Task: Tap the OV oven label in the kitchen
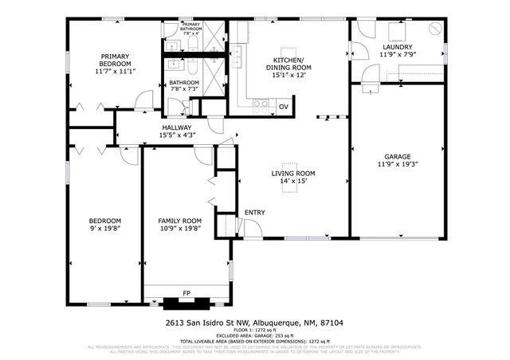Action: pos(283,106)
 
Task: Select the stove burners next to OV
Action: pos(260,104)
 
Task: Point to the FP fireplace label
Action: pos(186,293)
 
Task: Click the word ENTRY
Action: pos(255,213)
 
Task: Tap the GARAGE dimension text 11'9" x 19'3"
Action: pos(398,164)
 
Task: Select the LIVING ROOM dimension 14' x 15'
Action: pos(293,182)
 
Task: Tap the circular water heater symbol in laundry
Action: pos(435,28)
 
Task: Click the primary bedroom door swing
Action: pos(143,101)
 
